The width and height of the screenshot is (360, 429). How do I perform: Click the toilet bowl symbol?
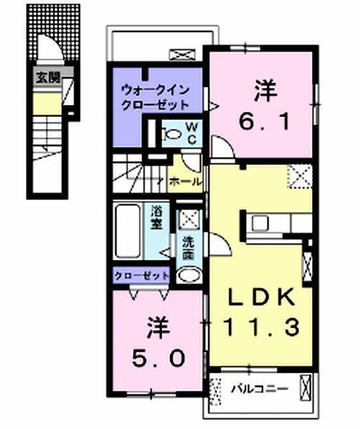(x=174, y=134)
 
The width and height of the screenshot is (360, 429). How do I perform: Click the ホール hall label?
(x=184, y=181)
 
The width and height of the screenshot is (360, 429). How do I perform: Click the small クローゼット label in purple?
(x=141, y=276)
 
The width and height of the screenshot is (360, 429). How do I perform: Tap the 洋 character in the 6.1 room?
(x=263, y=91)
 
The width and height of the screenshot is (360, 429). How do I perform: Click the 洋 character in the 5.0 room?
(x=158, y=328)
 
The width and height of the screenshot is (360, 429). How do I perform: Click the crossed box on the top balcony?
(x=178, y=54)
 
